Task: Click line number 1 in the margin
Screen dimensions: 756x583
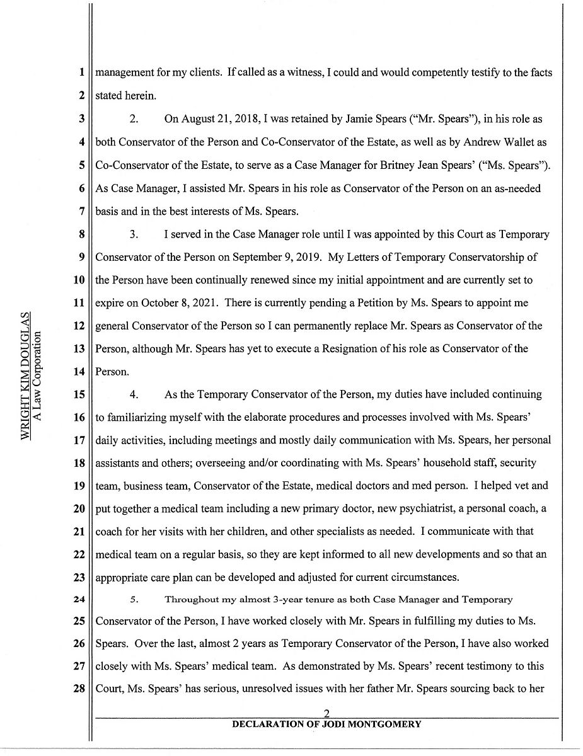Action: [x=82, y=72]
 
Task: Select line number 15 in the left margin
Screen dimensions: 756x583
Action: [x=79, y=394]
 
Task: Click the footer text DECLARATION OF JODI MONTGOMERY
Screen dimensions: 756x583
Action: [x=326, y=724]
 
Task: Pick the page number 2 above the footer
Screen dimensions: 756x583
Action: [x=326, y=713]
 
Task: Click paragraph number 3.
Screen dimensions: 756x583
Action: [x=134, y=234]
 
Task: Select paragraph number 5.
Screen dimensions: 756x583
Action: [x=133, y=600]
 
